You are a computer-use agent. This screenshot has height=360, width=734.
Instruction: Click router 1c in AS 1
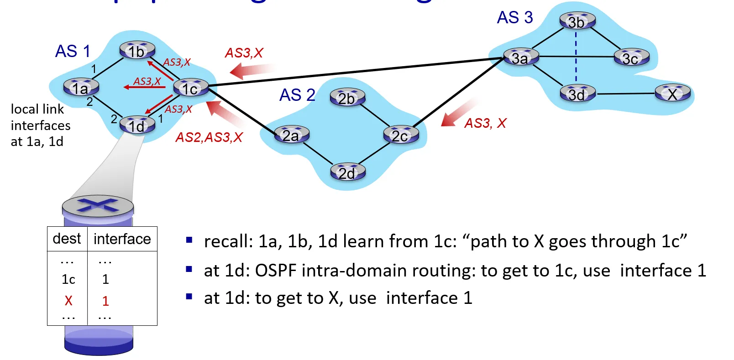click(x=191, y=88)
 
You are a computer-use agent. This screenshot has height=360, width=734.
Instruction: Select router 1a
click(x=81, y=88)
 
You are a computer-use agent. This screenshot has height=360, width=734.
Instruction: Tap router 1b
click(x=137, y=51)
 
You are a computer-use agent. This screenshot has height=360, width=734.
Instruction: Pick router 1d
click(x=137, y=125)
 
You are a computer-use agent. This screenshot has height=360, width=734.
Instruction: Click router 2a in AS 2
click(x=292, y=135)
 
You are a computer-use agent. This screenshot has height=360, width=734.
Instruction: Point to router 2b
click(x=347, y=98)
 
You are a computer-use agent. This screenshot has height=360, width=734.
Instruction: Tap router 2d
click(x=347, y=172)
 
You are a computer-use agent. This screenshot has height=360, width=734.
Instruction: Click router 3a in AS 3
click(x=521, y=57)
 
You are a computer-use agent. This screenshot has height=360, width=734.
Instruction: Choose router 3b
click(x=577, y=21)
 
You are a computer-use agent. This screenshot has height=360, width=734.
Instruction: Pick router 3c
click(x=631, y=58)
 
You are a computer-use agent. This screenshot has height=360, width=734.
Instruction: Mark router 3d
click(x=577, y=94)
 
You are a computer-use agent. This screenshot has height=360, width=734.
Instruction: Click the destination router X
click(x=672, y=94)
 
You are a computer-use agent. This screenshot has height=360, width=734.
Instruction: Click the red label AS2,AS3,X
click(x=209, y=137)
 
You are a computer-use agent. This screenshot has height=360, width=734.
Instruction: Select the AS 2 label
click(x=297, y=95)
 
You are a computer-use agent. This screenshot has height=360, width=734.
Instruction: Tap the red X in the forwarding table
click(x=68, y=301)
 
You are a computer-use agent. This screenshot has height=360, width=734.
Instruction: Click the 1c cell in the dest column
click(x=68, y=279)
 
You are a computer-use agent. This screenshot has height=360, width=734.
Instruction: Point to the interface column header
click(x=122, y=239)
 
